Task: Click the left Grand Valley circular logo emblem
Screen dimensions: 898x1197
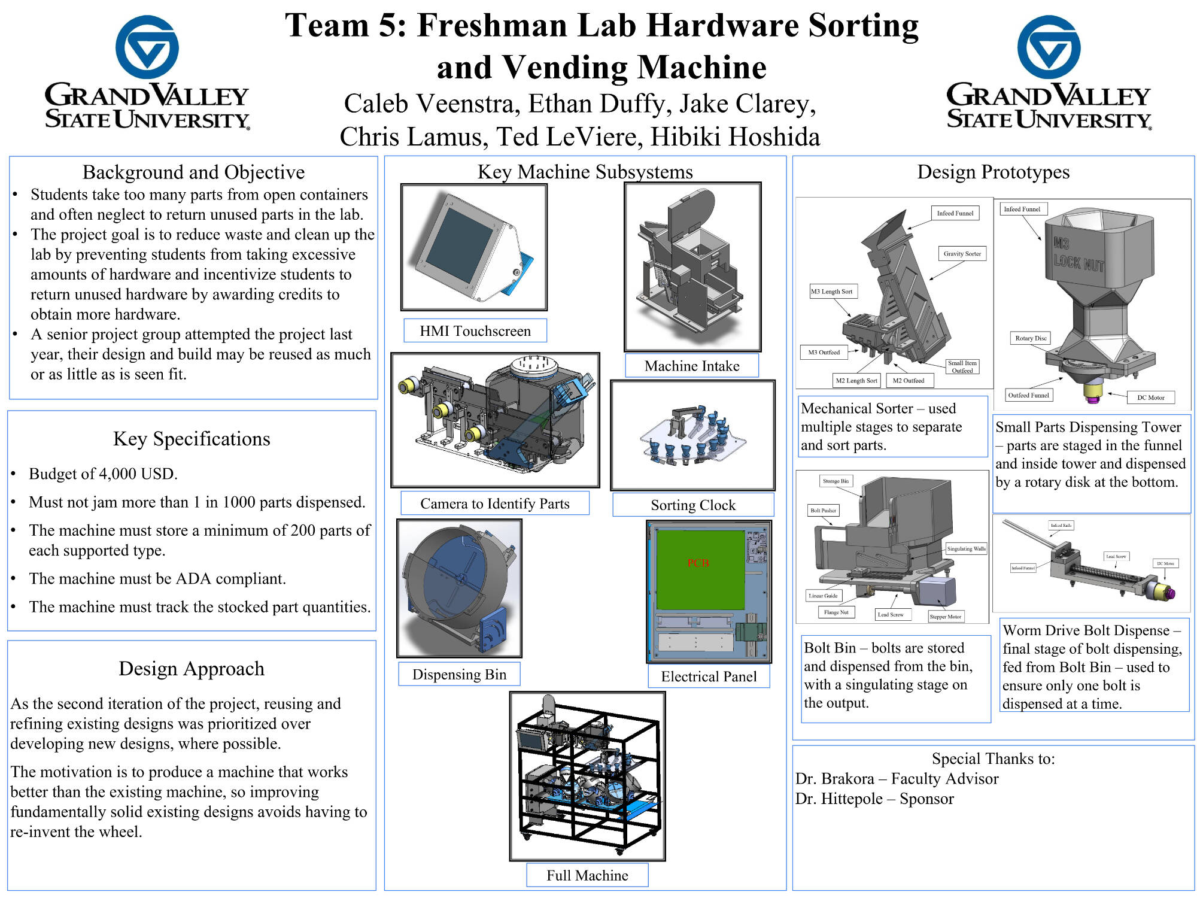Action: [x=147, y=47]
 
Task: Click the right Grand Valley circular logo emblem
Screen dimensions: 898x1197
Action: [x=1049, y=47]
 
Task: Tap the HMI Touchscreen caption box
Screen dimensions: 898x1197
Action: [x=475, y=330]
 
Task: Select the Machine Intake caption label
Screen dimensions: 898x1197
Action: [x=692, y=365]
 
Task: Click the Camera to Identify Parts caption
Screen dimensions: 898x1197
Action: [x=494, y=503]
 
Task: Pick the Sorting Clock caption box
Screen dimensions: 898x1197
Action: [x=693, y=505]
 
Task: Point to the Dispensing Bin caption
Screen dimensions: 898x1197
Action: [x=459, y=674]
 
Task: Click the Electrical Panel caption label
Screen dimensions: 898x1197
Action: [x=709, y=676]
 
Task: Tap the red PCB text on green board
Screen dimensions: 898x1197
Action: [x=698, y=563]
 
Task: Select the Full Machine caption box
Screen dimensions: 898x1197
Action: [x=587, y=875]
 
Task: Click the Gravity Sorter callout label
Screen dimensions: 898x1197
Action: [x=962, y=253]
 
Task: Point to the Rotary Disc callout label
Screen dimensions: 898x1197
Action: [x=1031, y=338]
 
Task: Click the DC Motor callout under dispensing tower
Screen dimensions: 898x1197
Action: [x=1150, y=397]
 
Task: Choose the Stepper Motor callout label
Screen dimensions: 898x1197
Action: [x=945, y=616]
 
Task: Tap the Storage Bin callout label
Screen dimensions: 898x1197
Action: [x=836, y=481]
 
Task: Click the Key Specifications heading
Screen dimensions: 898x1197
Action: [x=192, y=439]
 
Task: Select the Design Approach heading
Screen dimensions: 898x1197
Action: [x=192, y=668]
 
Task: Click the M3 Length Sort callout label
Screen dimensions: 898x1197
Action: [x=832, y=292]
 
